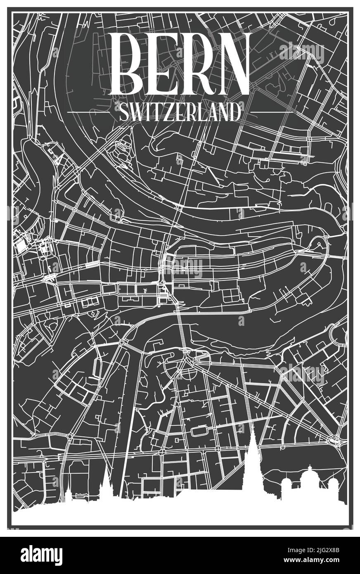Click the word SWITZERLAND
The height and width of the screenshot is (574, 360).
(x=180, y=112)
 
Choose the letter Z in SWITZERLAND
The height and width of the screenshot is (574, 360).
(x=167, y=112)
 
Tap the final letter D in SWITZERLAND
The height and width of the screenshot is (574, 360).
(x=234, y=112)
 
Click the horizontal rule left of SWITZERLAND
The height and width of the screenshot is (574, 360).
(x=89, y=112)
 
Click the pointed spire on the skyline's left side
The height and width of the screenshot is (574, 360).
(x=107, y=483)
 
